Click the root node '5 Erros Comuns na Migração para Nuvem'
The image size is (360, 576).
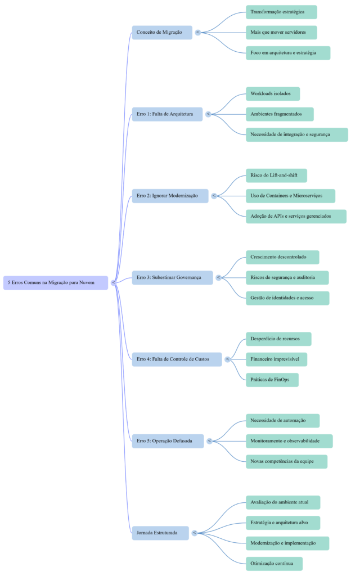click(x=55, y=282)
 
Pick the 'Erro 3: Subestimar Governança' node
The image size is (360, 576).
click(x=172, y=277)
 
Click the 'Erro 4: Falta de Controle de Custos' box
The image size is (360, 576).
click(x=177, y=359)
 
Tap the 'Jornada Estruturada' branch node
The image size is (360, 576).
click(x=160, y=533)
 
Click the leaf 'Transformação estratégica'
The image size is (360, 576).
click(x=281, y=12)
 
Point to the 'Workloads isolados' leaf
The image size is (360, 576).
click(x=272, y=93)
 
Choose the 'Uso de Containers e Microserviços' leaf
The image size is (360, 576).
click(x=290, y=196)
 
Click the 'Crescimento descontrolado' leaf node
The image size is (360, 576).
click(x=282, y=257)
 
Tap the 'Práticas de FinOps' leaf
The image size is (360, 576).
click(x=272, y=380)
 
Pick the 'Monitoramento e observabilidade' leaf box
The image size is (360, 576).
click(x=289, y=441)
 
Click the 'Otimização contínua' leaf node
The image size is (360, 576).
click(x=274, y=564)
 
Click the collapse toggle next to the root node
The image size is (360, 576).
click(x=113, y=282)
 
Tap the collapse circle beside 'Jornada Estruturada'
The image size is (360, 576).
click(x=194, y=533)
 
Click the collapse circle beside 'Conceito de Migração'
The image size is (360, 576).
click(x=197, y=32)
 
